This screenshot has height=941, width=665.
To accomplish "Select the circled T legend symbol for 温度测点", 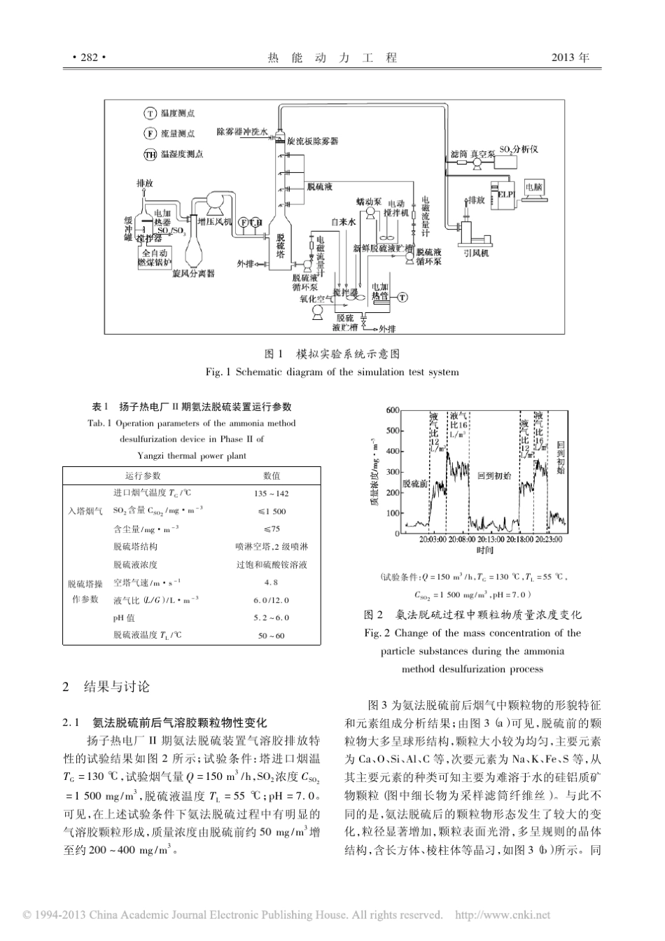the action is [x=150, y=113].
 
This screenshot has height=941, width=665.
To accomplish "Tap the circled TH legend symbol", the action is [x=150, y=154].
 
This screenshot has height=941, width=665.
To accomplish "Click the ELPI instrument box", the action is [x=505, y=194].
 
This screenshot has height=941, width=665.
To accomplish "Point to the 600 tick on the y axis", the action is [x=393, y=410].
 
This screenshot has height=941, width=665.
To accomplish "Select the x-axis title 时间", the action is [x=484, y=550].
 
